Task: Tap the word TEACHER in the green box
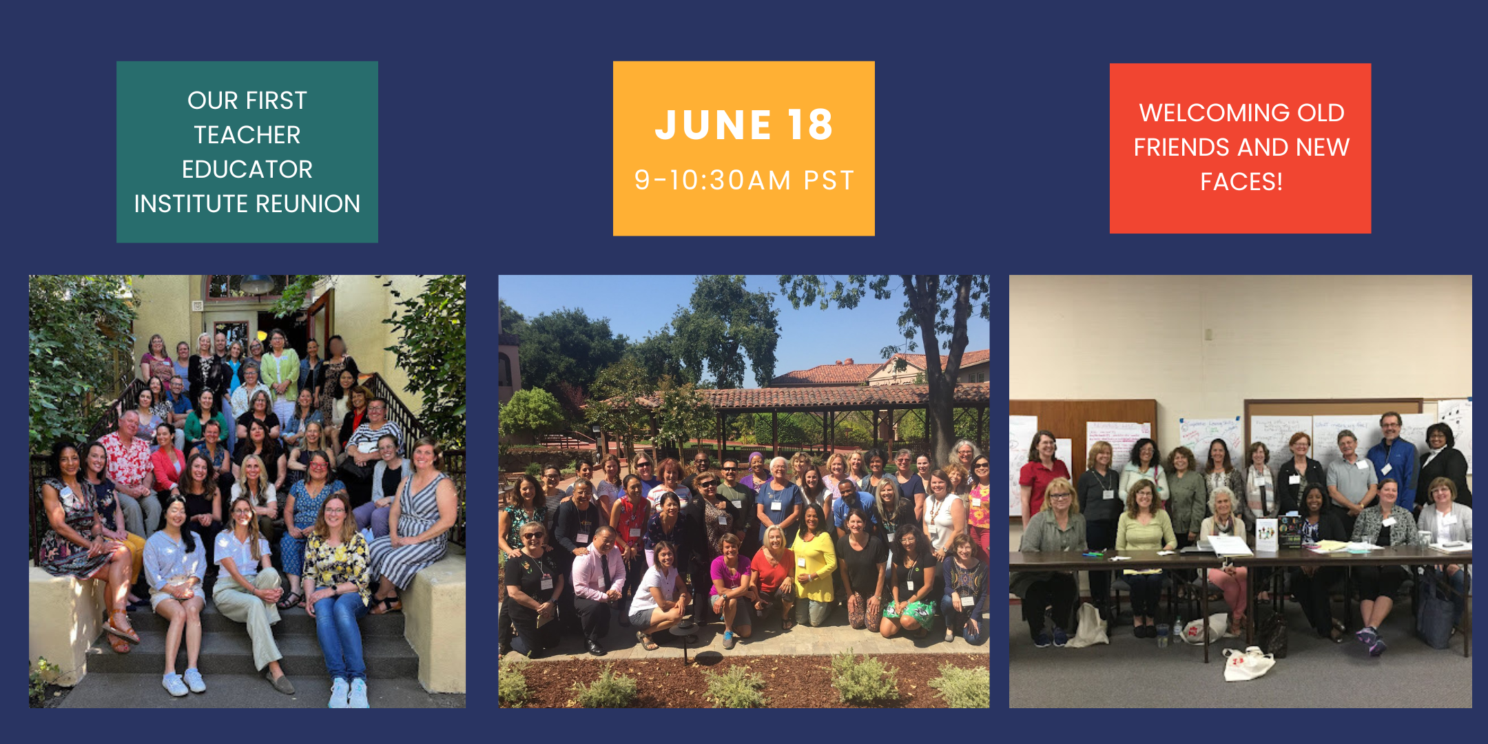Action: click(247, 135)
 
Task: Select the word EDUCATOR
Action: click(247, 169)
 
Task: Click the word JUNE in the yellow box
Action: click(713, 125)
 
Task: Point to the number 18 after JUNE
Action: click(811, 125)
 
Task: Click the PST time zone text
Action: click(829, 180)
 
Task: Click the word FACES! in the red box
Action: click(1241, 182)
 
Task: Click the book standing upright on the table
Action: click(1266, 534)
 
